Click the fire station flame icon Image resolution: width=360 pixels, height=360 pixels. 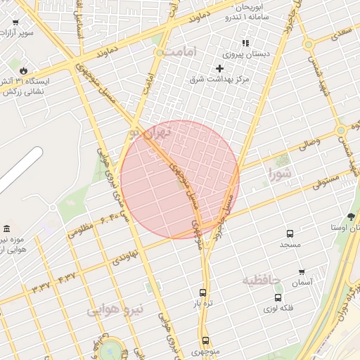(24, 71)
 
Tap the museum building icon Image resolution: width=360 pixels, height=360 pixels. (7, 229)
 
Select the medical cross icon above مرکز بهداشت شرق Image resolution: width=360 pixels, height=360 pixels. (219, 68)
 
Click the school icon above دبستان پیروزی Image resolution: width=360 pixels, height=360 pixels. (245, 43)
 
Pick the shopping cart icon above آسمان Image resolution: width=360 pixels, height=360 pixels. (302, 271)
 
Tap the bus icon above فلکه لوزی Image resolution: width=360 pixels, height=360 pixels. (277, 298)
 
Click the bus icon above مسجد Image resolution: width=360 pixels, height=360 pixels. (290, 233)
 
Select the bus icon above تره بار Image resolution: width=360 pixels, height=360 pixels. (203, 293)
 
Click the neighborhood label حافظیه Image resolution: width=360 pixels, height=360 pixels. (262, 281)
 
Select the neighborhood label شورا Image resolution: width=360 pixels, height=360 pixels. (280, 171)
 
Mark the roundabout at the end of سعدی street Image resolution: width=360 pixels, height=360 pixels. (308, 44)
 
